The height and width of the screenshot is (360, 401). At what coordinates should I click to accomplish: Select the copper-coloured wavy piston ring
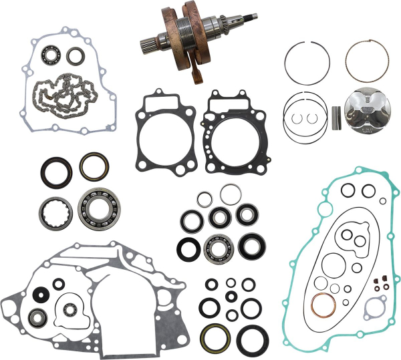366,58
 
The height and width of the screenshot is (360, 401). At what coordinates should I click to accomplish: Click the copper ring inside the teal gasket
323,305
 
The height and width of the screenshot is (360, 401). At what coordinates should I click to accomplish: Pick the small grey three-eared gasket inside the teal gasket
374,308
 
